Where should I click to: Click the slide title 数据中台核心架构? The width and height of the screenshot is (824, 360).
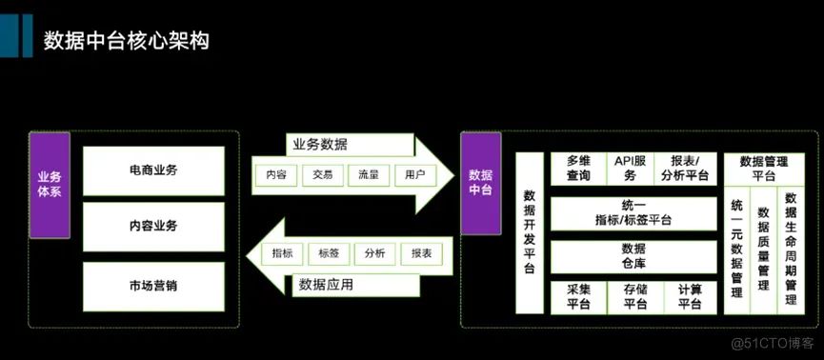[x=126, y=41]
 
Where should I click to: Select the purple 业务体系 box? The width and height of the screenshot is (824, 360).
[x=50, y=185]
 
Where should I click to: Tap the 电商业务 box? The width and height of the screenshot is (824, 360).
[x=153, y=170]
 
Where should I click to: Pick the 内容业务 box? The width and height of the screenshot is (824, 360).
[x=153, y=227]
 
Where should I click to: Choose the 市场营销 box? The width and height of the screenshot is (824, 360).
[x=153, y=287]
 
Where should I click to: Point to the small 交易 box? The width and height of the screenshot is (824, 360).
[x=323, y=175]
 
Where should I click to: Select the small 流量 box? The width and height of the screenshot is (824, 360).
[x=369, y=175]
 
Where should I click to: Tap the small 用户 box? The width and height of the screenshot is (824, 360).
[x=415, y=175]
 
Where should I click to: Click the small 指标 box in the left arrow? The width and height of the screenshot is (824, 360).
[x=282, y=254]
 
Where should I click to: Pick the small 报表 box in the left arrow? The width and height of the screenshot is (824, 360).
[x=421, y=254]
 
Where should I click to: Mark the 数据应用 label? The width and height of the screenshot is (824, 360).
[x=326, y=286]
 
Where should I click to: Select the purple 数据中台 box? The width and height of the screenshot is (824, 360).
[x=480, y=183]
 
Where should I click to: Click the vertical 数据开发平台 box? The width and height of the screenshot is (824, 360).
[x=530, y=232]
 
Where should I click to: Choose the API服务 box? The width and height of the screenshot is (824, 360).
[x=630, y=169]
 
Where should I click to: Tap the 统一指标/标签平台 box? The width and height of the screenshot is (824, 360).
[x=633, y=213]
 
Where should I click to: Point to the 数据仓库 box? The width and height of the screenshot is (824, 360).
[x=633, y=256]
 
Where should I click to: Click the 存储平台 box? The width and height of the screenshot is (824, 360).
[x=635, y=297]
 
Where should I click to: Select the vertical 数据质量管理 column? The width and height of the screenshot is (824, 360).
[x=764, y=250]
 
